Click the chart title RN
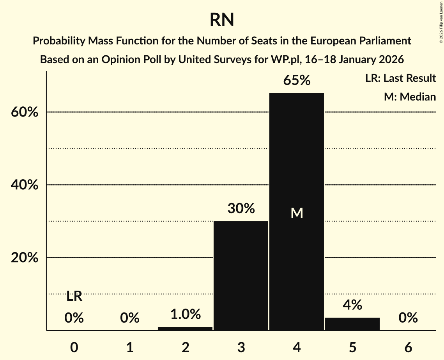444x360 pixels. point(222,19)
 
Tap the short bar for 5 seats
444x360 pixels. point(352,324)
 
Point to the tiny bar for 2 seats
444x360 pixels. point(185,328)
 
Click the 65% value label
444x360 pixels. point(297,81)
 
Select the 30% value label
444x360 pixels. point(241,209)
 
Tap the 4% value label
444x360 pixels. point(352,305)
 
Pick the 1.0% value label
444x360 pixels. point(185,314)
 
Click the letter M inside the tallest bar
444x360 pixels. point(297,213)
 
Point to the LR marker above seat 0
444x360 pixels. point(74,296)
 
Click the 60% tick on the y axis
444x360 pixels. point(24,112)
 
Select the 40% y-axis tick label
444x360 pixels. point(24,185)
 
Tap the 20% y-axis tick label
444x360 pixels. point(24,258)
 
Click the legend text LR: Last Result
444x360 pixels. point(400,78)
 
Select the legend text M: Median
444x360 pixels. point(410,97)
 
